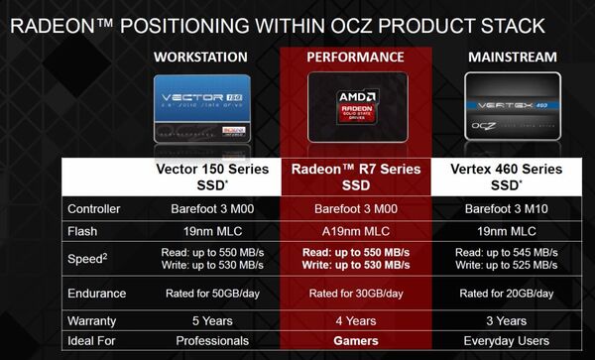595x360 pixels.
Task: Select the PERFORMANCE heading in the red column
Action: coord(355,58)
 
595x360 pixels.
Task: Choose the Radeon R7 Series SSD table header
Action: coord(355,177)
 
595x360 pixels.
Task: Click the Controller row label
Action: coord(94,208)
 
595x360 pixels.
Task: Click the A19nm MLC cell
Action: coord(355,230)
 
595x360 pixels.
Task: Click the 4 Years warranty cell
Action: coord(355,321)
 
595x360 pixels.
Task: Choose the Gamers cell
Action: coord(355,342)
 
